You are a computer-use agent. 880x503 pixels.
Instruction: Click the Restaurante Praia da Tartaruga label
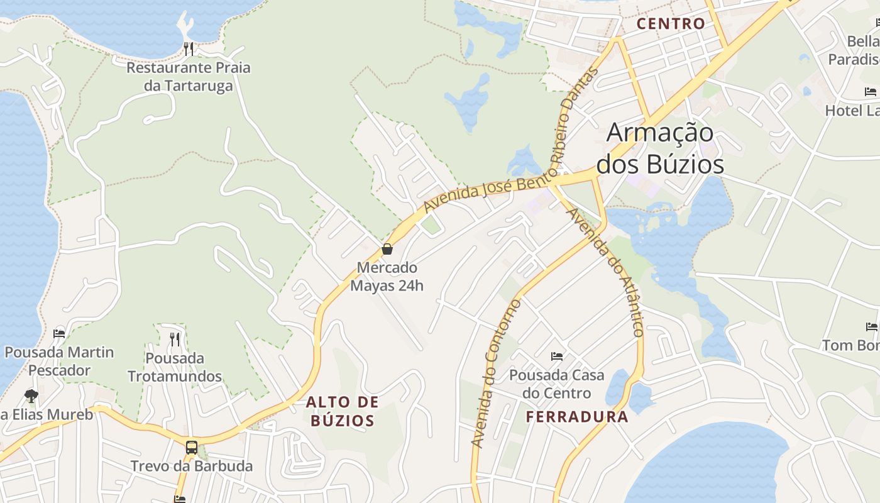pos(189,76)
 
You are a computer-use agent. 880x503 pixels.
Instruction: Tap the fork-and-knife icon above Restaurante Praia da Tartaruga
pos(187,48)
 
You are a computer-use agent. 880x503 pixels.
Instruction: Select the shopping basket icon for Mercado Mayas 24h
pos(387,249)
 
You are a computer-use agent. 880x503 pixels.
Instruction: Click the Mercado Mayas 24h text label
pos(387,277)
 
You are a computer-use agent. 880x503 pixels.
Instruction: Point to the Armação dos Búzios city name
pos(660,148)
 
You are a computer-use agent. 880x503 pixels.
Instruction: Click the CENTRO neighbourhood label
pos(671,24)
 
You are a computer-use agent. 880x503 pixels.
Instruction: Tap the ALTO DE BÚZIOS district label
pos(343,411)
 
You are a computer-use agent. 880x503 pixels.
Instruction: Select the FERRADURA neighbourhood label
pos(577,417)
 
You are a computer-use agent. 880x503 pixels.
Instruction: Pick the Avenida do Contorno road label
pos(496,374)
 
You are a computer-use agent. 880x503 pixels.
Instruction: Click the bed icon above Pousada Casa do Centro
pos(557,357)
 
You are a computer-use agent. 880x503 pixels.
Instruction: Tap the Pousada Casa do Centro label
pos(557,384)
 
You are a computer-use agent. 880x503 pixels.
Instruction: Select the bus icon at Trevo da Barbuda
pos(192,448)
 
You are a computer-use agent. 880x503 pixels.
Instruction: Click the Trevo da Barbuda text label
pos(192,466)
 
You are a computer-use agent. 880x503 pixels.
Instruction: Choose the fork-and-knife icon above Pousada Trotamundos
pos(175,340)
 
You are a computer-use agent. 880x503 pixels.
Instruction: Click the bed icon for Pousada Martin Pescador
pos(59,333)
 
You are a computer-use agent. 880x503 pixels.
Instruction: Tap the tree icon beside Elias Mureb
pos(31,395)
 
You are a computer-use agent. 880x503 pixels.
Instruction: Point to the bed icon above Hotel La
pos(871,92)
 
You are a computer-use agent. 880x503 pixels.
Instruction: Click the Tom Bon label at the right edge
pos(851,345)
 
